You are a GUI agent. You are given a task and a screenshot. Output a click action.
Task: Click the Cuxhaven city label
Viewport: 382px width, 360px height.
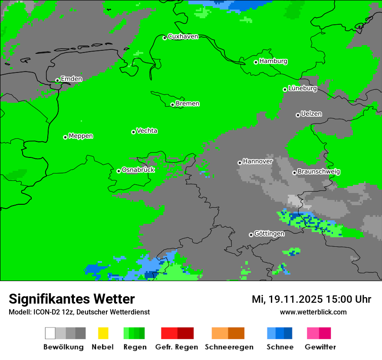click(x=183, y=36)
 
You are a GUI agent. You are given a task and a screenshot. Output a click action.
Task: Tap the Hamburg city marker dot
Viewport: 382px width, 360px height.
click(x=256, y=62)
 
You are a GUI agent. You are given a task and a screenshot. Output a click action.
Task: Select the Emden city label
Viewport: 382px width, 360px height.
click(x=71, y=79)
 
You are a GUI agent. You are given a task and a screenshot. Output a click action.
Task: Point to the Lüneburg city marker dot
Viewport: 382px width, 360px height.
click(x=285, y=89)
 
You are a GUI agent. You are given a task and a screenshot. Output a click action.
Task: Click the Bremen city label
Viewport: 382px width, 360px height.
click(x=188, y=104)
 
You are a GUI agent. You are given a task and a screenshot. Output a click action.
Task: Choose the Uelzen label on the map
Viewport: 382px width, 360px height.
click(x=311, y=114)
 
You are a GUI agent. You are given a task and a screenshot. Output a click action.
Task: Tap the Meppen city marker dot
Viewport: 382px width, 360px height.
click(x=66, y=137)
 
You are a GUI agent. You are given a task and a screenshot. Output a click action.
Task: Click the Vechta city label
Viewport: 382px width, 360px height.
click(x=147, y=131)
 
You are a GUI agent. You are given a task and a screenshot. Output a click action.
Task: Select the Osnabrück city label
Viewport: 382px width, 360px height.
click(x=138, y=170)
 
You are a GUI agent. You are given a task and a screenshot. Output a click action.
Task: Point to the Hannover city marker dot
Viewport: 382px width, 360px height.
click(x=240, y=163)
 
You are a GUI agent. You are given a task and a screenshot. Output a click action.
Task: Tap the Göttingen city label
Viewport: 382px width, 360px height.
click(x=269, y=234)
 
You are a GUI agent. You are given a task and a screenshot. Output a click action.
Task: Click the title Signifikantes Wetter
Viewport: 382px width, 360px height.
click(x=72, y=299)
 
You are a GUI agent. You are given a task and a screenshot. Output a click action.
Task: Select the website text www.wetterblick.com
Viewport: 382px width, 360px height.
click(x=313, y=312)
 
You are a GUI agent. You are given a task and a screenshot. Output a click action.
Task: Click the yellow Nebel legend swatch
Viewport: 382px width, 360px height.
click(x=103, y=333)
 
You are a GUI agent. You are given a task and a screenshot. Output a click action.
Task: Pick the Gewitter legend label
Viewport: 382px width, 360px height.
click(x=320, y=347)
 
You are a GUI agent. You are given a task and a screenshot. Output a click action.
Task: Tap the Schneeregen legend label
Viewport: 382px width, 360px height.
click(x=229, y=347)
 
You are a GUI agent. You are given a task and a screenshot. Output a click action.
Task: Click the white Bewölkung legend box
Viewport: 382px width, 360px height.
click(x=50, y=333)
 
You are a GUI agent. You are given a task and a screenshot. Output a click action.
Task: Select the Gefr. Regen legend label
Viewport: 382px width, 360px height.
click(x=176, y=347)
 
